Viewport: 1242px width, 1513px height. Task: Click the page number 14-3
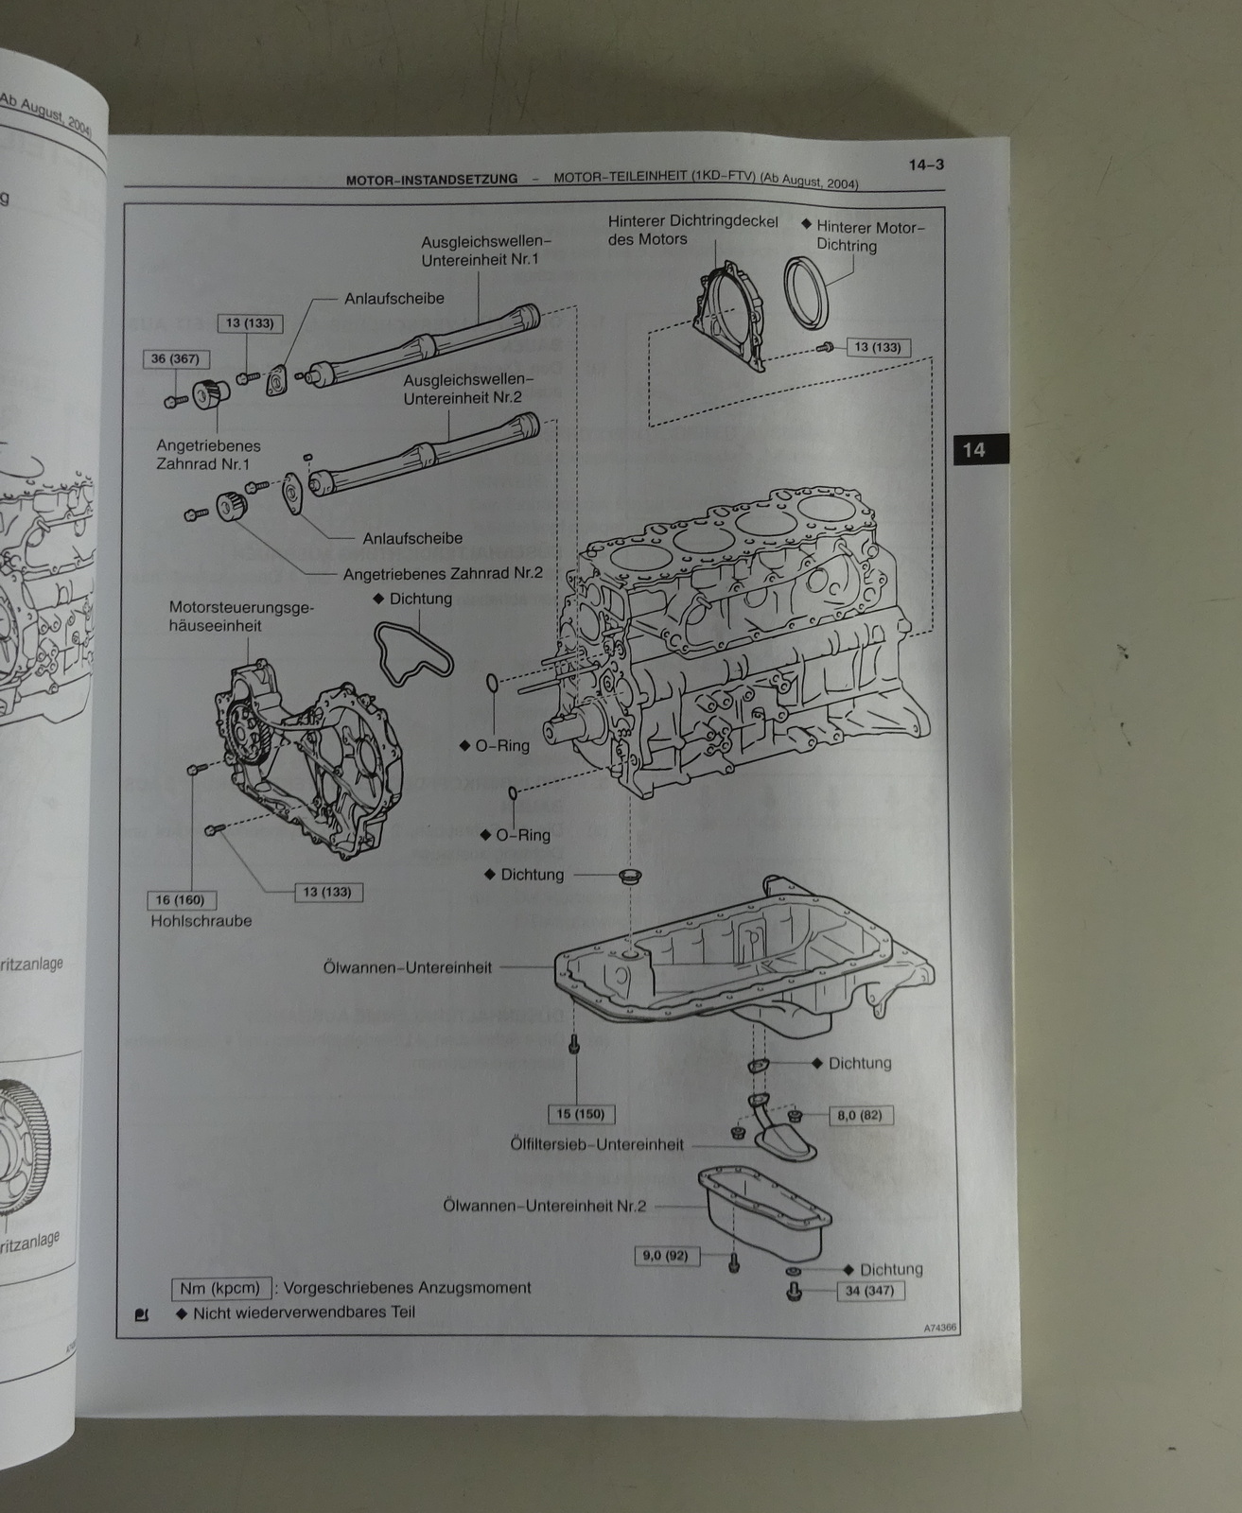926,165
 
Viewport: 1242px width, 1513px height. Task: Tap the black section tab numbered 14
973,449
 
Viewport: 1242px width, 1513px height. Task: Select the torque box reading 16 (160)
181,900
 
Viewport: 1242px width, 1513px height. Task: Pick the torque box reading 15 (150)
581,1114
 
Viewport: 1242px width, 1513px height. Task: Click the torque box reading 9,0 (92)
666,1256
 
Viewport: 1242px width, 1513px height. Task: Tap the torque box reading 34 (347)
869,1291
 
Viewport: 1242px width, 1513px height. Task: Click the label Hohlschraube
201,920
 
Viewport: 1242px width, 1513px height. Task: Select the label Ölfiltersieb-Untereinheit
596,1144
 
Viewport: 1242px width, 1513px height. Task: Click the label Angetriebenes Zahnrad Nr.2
443,573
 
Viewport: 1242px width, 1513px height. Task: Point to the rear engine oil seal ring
807,292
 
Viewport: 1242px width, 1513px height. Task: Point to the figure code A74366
940,1328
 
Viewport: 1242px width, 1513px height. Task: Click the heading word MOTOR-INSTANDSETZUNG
431,179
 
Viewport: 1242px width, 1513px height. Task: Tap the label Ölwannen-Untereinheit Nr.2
545,1207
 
